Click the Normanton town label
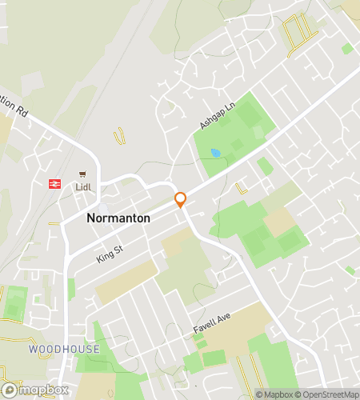[x=118, y=217]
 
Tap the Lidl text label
[x=83, y=187]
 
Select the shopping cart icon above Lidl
[x=82, y=174]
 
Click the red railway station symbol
[x=55, y=182]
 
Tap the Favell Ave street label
[x=211, y=322]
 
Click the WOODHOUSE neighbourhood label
[x=64, y=350]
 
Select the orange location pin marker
[x=181, y=200]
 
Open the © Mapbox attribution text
[x=274, y=394]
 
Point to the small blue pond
[x=214, y=152]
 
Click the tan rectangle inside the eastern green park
[x=279, y=222]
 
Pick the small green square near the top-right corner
[x=346, y=49]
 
